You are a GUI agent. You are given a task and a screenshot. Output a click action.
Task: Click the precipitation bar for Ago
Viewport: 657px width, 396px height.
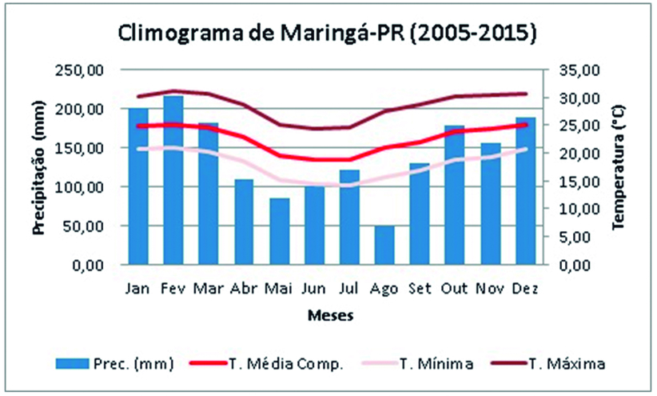click(x=384, y=245)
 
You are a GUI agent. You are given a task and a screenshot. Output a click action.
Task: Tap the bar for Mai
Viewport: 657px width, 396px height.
click(x=279, y=231)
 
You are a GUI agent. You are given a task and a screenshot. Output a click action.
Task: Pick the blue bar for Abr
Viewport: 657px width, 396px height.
click(x=244, y=222)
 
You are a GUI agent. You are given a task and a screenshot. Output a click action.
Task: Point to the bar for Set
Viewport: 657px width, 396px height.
click(x=420, y=214)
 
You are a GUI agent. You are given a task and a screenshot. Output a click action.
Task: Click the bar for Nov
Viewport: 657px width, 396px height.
click(x=490, y=204)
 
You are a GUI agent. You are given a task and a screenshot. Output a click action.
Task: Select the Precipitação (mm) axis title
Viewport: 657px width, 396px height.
click(x=39, y=167)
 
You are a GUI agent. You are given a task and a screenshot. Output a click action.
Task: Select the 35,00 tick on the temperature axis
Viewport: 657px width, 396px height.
click(x=577, y=70)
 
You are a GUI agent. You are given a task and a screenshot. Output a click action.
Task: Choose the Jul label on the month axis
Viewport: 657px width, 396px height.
click(x=348, y=288)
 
